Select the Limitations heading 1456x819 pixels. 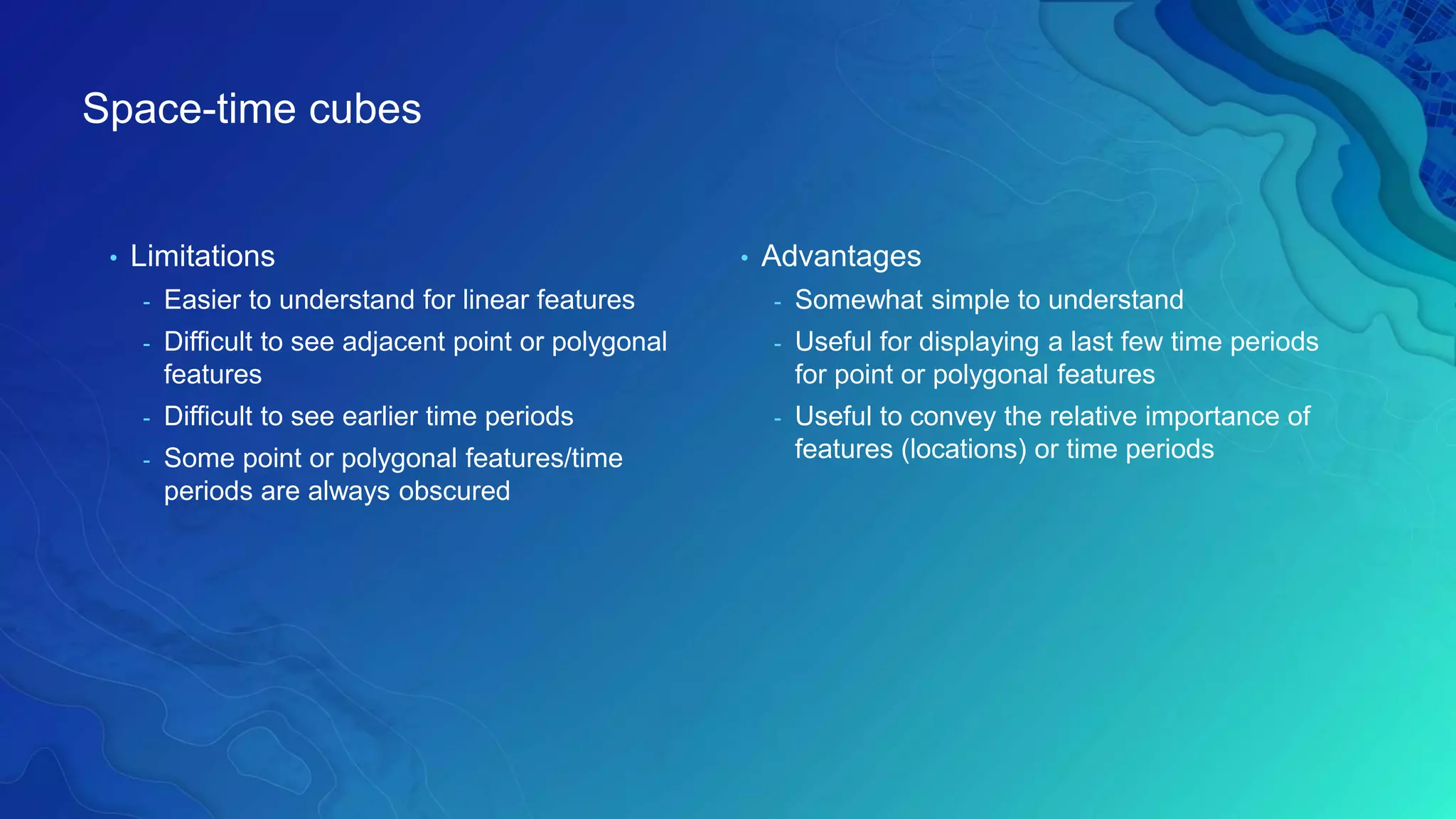pyautogui.click(x=202, y=257)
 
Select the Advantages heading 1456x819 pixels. pyautogui.click(x=841, y=257)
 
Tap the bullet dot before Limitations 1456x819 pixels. pyautogui.click(x=113, y=258)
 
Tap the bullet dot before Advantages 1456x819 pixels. pyautogui.click(x=744, y=258)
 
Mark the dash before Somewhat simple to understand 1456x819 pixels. pyautogui.click(x=777, y=303)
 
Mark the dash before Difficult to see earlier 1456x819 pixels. pyautogui.click(x=146, y=419)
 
